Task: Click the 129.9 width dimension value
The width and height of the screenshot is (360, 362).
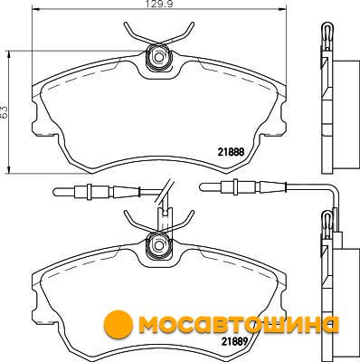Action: coord(157,4)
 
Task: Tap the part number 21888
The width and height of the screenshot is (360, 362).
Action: coord(231,152)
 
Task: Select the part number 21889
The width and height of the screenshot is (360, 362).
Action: coord(234,341)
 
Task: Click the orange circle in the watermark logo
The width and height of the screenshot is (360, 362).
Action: coord(118,325)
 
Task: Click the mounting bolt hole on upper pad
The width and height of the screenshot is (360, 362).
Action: coord(157,56)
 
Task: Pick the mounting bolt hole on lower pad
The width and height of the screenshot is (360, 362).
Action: coord(157,243)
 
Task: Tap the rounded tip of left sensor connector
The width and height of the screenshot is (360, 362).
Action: coord(55,191)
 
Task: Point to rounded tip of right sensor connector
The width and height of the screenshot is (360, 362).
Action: coord(203,186)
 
